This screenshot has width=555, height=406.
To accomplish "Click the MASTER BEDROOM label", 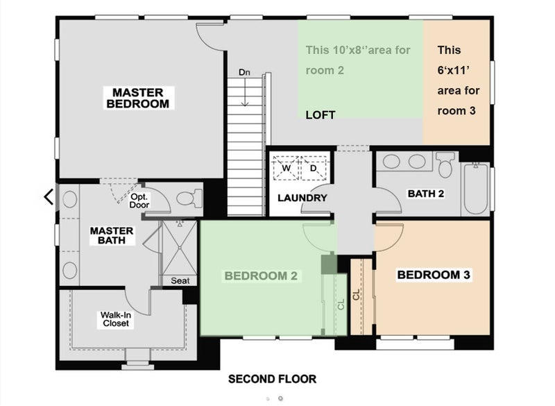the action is click(138, 98).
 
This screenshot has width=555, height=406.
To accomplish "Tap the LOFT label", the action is click(321, 115).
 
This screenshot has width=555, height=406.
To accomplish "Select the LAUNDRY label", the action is click(302, 198).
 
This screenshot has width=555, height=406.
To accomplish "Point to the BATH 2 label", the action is click(426, 194).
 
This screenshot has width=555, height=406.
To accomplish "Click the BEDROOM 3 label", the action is click(434, 275).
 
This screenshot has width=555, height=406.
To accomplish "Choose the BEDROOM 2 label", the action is click(262, 276).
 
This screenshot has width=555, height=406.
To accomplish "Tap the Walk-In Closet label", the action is click(116, 319).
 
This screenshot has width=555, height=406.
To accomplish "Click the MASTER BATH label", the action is click(112, 235).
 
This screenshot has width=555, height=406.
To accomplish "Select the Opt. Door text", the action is click(139, 201).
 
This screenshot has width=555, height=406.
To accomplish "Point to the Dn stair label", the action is click(244, 72).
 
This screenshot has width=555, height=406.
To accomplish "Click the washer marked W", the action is click(286, 168).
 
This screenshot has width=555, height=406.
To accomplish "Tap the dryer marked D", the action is click(314, 168).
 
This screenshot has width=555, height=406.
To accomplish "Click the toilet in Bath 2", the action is click(445, 164).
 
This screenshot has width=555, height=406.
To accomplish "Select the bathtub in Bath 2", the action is click(475, 189).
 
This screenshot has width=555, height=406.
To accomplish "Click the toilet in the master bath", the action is click(189, 198).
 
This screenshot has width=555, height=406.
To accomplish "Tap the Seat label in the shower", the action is click(180, 280).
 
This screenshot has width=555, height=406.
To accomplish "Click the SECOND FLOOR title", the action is click(272, 379).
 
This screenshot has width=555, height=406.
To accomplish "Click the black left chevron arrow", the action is click(49, 197).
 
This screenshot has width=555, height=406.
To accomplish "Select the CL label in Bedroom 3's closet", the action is click(356, 294).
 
